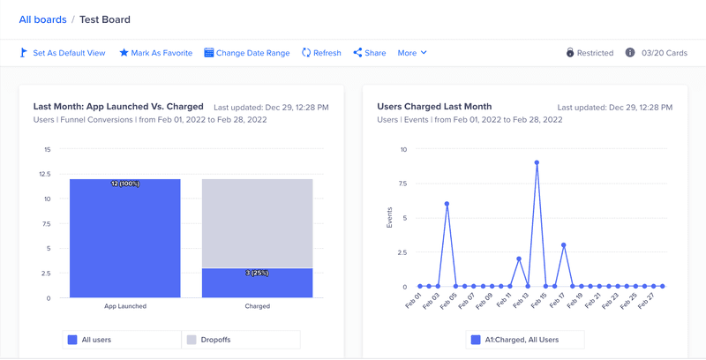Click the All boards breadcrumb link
(42, 19)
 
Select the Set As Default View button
(63, 53)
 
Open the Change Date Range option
(246, 53)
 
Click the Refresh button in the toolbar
(321, 53)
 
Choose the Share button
(370, 53)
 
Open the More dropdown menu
(412, 53)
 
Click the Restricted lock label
(590, 53)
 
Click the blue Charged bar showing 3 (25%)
(258, 283)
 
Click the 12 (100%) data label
(125, 184)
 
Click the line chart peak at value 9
(537, 162)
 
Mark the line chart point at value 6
(447, 204)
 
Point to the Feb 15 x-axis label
(537, 302)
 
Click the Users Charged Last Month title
(434, 107)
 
